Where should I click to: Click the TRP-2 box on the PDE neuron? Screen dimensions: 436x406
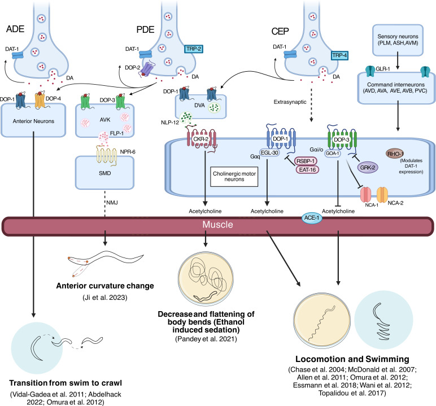click(194, 49)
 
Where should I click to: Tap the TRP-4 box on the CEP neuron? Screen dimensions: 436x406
click(339, 55)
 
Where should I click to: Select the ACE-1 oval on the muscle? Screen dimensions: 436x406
click(312, 218)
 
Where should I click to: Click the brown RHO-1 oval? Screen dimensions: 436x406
click(395, 154)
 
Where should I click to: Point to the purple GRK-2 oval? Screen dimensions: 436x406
click(368, 167)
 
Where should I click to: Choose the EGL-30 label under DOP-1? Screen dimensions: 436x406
click(269, 152)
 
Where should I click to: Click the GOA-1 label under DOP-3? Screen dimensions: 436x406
click(332, 153)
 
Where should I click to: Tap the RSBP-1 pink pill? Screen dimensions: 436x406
click(306, 161)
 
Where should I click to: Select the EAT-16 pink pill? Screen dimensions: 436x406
click(307, 169)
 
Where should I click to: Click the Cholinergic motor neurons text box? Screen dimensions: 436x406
click(234, 177)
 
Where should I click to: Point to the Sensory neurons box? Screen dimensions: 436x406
click(398, 40)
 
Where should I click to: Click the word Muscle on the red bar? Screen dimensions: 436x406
click(217, 224)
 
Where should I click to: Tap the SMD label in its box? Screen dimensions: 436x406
click(105, 173)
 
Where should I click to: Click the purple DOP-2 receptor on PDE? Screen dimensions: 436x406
click(147, 69)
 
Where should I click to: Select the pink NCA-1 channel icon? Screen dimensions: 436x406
click(365, 195)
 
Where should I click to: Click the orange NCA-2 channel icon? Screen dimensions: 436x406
click(382, 194)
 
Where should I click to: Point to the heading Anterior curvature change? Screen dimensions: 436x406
click(105, 286)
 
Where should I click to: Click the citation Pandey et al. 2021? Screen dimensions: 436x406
click(206, 339)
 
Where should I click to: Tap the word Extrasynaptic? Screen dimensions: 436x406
click(290, 102)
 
